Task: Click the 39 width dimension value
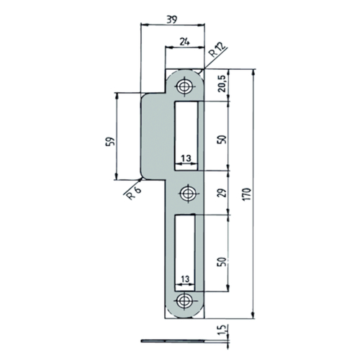point(172,20)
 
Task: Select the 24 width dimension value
point(185,42)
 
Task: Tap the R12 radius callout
point(217,50)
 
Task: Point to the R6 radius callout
point(134,193)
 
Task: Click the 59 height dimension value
point(110,142)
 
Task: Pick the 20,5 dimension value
point(222,84)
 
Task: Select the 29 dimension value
point(222,192)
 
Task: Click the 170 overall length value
point(247,194)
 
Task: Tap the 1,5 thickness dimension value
point(222,330)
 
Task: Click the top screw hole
point(184,86)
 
